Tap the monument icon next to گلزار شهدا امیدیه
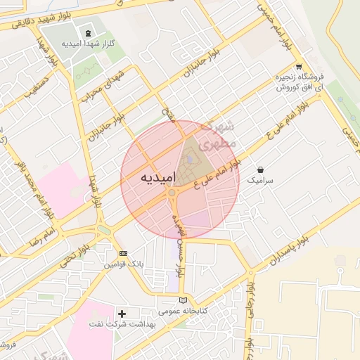tap(88, 33)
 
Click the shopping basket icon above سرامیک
tap(262, 170)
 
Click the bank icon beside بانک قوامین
tap(124, 253)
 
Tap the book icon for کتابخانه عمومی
tap(183, 300)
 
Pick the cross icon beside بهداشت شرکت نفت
tap(122, 313)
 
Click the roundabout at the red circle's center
tap(172, 192)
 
